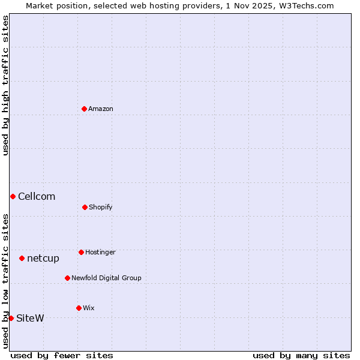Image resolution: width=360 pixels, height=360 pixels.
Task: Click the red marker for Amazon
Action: (85, 109)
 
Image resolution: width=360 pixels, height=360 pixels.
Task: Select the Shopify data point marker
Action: (85, 207)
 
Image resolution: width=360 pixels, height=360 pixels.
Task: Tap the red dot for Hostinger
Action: (81, 252)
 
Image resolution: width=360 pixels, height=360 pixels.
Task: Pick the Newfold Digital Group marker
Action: (67, 278)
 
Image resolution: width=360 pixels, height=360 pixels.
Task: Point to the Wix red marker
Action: (79, 308)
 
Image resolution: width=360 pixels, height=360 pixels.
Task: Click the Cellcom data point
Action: (13, 196)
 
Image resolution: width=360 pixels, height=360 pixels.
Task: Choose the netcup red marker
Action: (22, 258)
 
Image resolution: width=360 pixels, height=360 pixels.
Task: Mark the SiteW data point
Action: (11, 318)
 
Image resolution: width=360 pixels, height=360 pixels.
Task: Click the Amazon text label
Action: (101, 109)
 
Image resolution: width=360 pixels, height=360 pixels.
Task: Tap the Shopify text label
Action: (101, 207)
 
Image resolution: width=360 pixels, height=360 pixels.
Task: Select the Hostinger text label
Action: (100, 252)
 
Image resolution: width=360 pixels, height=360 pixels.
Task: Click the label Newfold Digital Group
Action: (106, 278)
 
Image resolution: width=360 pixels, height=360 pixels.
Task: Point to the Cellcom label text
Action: (37, 196)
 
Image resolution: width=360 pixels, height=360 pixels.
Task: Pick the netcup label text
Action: (43, 258)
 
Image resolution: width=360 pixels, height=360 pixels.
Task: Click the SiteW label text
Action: (30, 318)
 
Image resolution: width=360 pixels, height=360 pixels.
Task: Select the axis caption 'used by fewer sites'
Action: (62, 355)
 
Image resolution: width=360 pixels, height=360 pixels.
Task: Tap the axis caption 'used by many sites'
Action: (301, 355)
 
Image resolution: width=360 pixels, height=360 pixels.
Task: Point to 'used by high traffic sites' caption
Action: (5, 85)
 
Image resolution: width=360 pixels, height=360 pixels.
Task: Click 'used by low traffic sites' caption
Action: (5, 280)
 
